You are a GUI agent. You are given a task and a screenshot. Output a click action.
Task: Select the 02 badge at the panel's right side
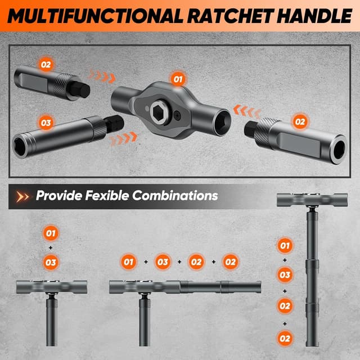pos(300,121)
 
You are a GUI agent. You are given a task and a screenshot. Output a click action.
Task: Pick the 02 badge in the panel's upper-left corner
pos(46,64)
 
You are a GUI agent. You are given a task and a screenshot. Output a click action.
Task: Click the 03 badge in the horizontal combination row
pos(163,262)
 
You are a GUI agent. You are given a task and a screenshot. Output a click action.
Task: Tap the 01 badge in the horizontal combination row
pos(129,262)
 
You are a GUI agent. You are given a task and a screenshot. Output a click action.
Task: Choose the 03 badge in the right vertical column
pos(285,276)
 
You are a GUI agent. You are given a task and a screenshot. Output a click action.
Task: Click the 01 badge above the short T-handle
pos(51,232)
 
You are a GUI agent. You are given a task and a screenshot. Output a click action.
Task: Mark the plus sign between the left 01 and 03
pos(51,247)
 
